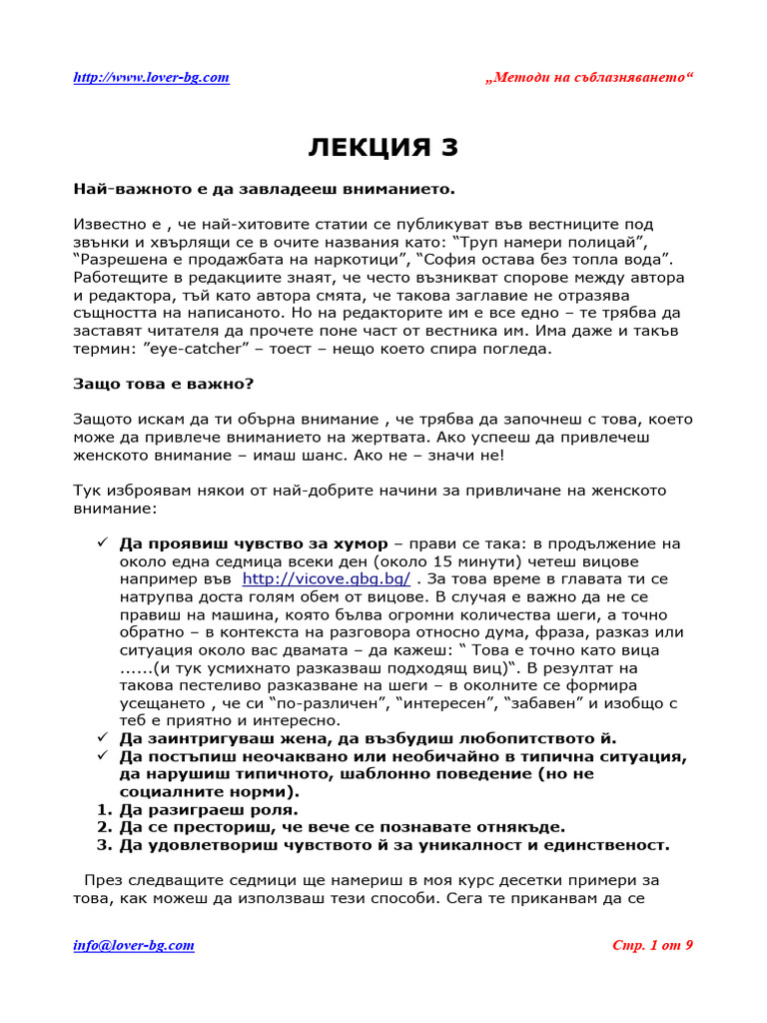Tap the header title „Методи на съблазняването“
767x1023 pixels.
(x=588, y=78)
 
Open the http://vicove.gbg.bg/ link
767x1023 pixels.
(x=327, y=578)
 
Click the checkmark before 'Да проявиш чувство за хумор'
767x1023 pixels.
(x=102, y=543)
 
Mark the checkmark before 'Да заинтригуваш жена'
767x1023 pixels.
(x=102, y=737)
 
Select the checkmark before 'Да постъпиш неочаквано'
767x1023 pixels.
(x=102, y=755)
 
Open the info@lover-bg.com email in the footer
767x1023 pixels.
(x=134, y=945)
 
